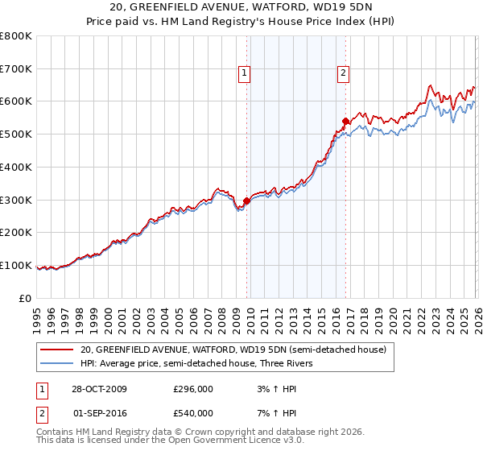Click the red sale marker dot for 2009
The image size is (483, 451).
coord(246,201)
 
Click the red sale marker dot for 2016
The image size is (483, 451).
coord(345,122)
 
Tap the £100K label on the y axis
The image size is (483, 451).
coord(18,266)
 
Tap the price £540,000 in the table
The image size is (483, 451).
coord(193,413)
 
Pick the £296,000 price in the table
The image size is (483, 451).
coord(193,389)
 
